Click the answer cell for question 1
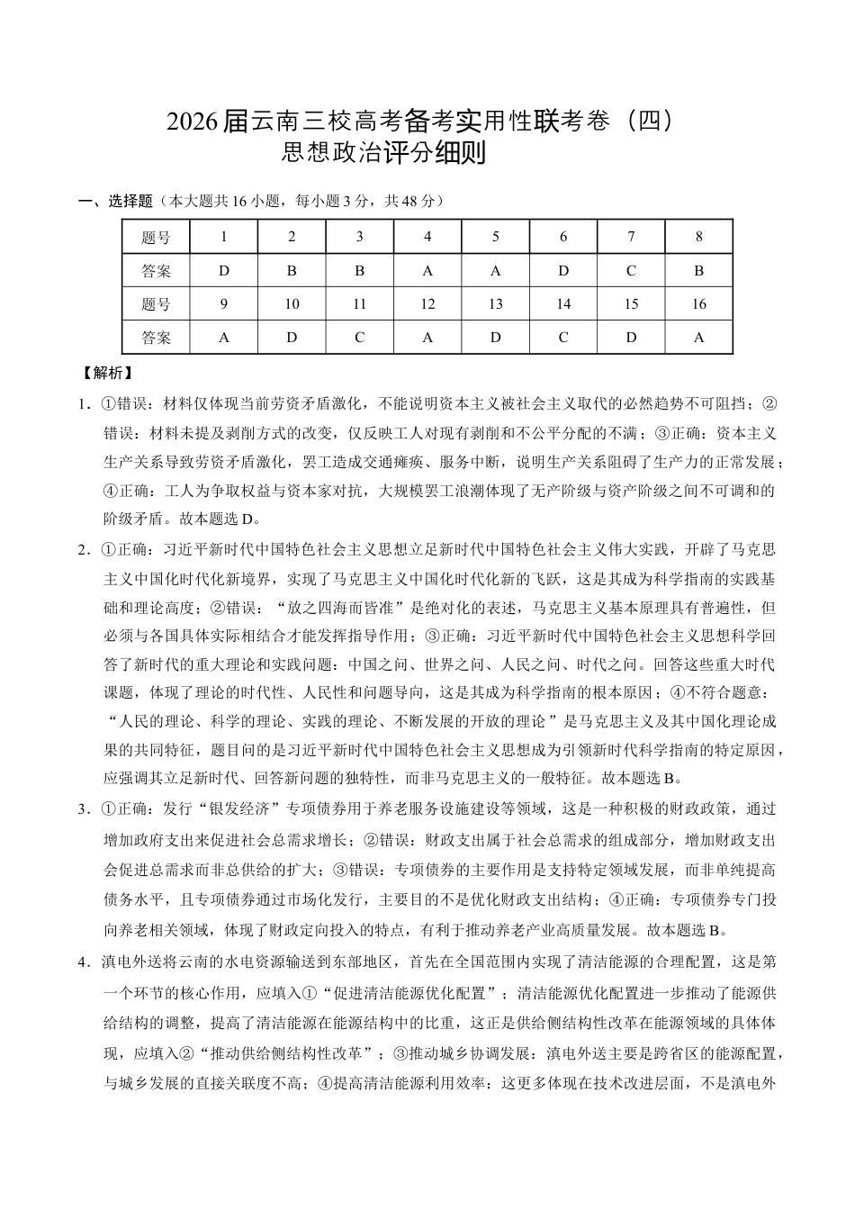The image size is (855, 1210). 224,271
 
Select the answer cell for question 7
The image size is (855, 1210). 631,271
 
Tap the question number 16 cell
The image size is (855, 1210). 698,304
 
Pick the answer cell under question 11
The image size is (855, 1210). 359,338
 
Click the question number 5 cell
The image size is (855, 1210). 495,238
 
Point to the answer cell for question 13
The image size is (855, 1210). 495,338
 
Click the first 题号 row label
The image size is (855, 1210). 156,238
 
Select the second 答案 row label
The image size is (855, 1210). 156,338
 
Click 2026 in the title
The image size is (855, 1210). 193,122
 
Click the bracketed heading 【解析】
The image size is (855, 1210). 106,372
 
